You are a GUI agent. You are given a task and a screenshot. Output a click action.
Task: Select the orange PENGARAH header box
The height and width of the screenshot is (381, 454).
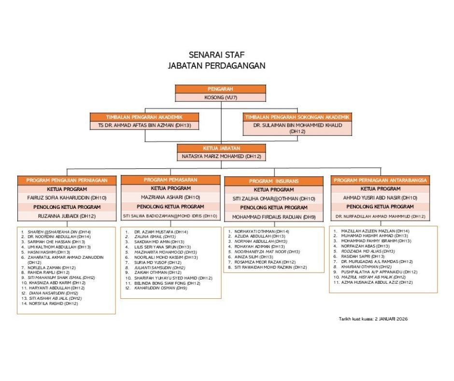(220, 89)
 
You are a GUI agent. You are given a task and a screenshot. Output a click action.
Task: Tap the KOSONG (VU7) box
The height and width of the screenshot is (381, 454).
(220, 97)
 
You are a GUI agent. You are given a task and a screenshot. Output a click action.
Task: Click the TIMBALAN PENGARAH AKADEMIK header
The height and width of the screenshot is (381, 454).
(145, 117)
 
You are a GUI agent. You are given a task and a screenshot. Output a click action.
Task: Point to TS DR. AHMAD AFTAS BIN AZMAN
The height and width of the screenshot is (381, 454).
(145, 125)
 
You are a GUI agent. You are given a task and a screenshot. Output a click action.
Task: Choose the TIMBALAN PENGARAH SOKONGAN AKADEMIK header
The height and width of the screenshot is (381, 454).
(298, 117)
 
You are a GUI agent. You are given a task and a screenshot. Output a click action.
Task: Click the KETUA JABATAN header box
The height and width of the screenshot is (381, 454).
(220, 148)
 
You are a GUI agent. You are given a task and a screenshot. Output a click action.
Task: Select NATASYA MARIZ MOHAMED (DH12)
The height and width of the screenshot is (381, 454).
(220, 157)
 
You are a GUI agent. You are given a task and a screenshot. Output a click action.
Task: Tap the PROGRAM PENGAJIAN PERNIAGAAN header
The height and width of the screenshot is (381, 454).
(67, 180)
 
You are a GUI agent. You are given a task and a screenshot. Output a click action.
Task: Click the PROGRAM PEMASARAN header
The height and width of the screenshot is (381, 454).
(170, 180)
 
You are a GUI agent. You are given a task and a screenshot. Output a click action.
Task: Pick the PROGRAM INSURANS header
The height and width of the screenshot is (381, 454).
(274, 181)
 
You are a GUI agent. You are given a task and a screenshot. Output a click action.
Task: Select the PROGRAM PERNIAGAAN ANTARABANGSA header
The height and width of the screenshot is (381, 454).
(381, 180)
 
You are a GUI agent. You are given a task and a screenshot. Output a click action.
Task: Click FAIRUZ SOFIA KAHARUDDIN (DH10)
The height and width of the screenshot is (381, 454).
(67, 198)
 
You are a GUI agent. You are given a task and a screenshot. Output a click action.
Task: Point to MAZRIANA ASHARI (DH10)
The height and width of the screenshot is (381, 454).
(170, 197)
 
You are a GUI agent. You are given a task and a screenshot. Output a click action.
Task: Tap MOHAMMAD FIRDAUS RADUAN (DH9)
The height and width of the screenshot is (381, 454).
(274, 217)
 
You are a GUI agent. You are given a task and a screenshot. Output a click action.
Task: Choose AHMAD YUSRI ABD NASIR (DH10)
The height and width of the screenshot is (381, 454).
(381, 198)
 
